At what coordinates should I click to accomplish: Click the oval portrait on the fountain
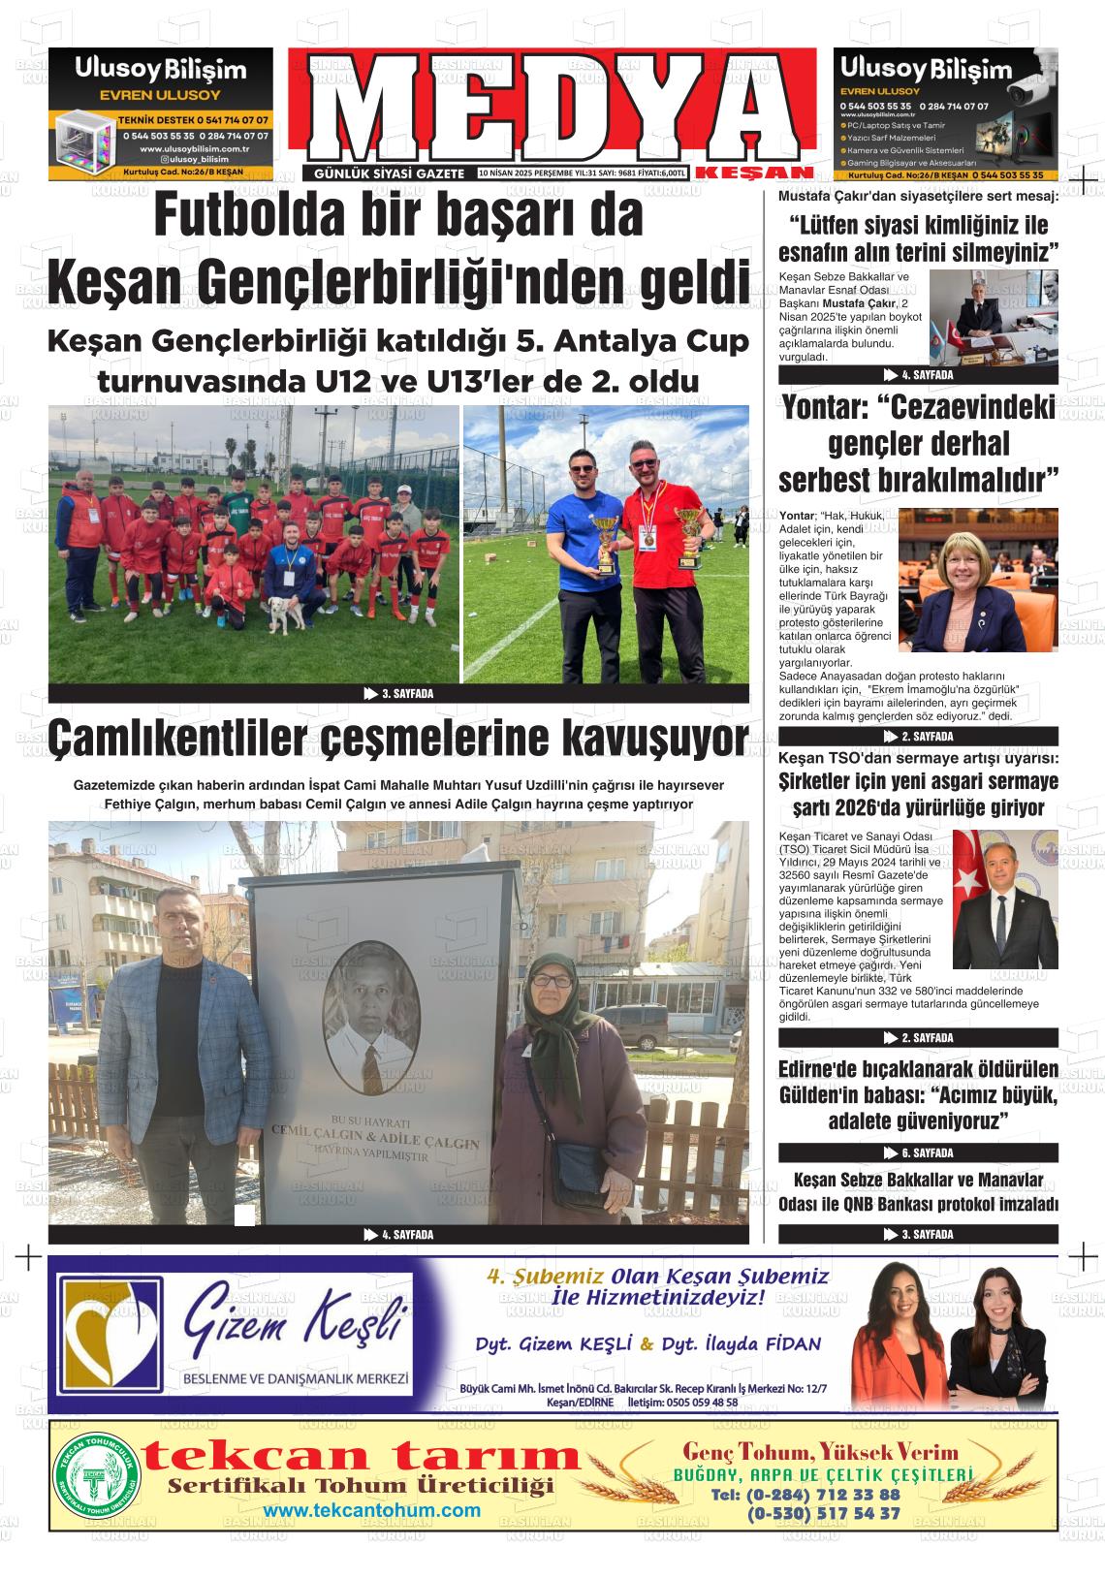(372, 1019)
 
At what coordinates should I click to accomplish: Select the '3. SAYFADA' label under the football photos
(398, 694)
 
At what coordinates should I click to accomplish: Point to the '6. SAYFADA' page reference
(918, 1153)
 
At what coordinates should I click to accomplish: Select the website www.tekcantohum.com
(371, 1511)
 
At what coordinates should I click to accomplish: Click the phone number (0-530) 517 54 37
(823, 1512)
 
